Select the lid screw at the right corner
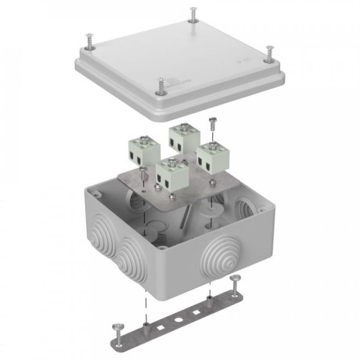(x=268, y=52)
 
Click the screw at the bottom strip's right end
(x=235, y=278)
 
